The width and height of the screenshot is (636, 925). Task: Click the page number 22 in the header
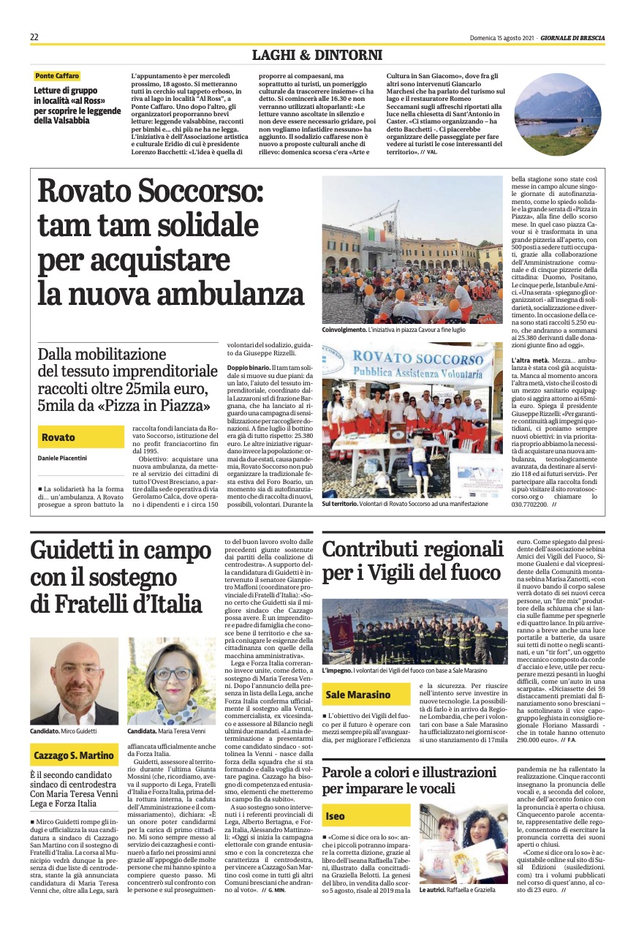point(34,37)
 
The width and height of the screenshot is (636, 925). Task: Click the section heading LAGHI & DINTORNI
point(317,55)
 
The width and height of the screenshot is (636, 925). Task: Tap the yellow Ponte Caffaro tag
point(57,76)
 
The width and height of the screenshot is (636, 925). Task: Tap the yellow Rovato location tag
point(58,437)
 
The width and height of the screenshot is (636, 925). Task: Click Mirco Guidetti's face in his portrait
point(72,673)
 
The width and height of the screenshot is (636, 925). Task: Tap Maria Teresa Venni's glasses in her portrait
point(173,673)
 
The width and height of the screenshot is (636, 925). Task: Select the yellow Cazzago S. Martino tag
point(74,755)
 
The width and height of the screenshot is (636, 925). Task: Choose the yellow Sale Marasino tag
point(358,695)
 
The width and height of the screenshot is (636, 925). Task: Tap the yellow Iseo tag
point(336,816)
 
